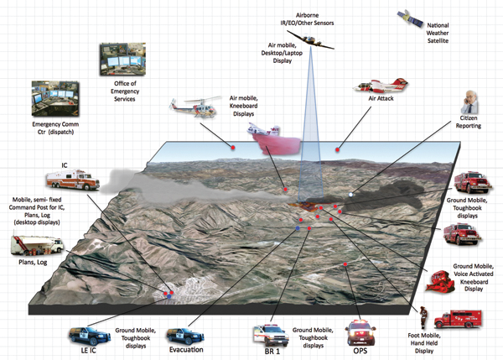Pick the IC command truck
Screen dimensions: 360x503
tap(75, 180)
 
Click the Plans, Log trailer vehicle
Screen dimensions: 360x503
tap(37, 244)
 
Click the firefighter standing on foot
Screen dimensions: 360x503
tap(425, 317)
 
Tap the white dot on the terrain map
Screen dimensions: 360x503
tap(351, 195)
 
